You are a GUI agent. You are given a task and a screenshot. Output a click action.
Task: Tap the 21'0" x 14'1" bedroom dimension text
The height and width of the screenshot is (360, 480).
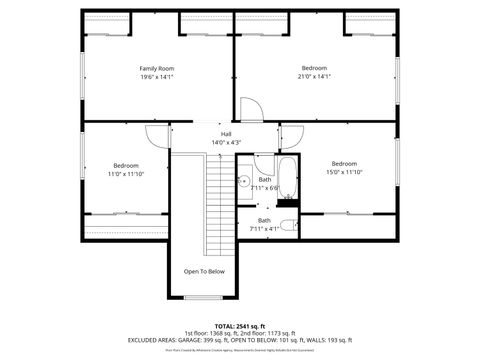314,76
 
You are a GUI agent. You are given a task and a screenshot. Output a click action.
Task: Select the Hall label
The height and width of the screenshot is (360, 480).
227,134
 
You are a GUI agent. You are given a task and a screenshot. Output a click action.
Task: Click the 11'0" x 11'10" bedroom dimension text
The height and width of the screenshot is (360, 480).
125,173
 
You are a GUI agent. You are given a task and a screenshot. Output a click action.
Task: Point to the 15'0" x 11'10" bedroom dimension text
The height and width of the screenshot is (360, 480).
344,171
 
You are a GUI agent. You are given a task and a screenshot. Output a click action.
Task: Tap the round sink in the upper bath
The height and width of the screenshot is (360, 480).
243,182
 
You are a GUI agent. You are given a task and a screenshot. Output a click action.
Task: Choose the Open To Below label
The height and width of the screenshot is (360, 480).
204,271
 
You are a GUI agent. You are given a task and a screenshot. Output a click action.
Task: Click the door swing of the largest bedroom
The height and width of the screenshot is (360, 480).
252,110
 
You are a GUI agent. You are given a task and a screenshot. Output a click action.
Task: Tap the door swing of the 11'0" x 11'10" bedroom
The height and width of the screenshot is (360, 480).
158,138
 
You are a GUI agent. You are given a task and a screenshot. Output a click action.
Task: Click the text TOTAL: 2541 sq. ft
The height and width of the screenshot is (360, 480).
240,326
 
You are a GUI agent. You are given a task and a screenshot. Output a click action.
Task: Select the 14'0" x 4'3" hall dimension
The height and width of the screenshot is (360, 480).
227,142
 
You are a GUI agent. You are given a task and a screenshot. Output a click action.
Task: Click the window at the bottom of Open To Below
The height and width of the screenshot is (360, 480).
204,297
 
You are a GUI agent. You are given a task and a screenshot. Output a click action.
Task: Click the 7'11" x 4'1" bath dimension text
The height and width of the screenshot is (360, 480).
264,228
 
